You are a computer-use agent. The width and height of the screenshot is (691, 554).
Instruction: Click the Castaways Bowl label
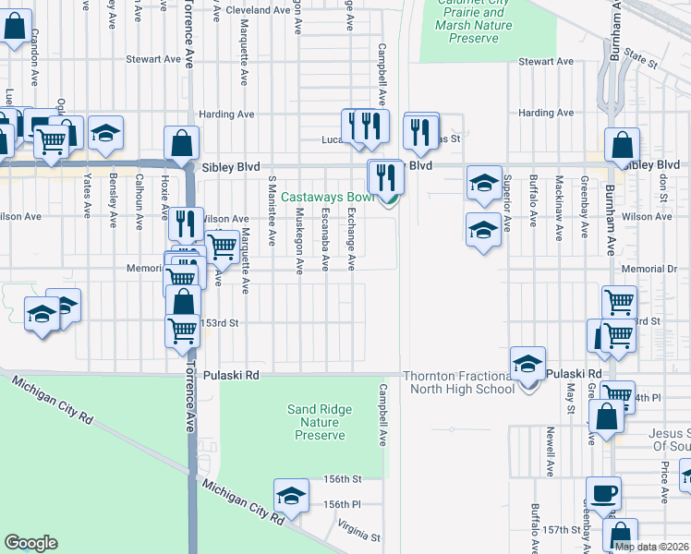pos(327,197)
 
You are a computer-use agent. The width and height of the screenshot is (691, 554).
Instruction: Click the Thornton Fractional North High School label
pos(458,382)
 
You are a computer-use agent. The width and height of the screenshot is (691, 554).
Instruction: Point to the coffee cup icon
pos(605,492)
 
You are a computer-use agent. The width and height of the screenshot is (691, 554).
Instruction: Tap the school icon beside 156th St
pos(291,496)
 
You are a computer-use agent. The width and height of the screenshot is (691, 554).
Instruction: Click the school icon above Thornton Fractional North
pos(527,363)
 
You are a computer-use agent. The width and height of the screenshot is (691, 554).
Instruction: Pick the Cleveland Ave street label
pos(259,10)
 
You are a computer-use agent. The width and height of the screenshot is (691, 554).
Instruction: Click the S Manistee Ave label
pos(272,211)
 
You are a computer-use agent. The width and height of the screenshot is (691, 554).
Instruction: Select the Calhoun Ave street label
pos(139,200)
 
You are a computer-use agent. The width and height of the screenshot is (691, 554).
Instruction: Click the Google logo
pos(30,543)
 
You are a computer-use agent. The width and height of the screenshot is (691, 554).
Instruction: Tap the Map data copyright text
pos(651,547)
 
